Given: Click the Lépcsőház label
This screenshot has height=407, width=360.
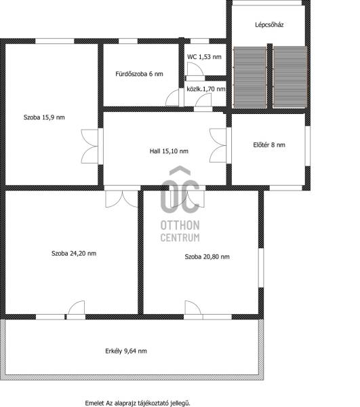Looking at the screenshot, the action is tap(269, 25).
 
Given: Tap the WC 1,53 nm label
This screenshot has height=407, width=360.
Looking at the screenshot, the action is tap(204, 57).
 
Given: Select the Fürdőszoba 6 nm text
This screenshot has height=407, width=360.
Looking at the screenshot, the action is tap(139, 74).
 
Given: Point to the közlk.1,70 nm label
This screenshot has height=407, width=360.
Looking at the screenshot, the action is tap(206, 89).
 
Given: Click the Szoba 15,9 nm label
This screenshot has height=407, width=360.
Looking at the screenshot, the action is tap(44, 117).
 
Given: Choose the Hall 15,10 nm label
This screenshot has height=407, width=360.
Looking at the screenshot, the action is tap(169, 151).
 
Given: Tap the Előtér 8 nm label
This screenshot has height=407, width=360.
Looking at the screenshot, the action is tap(269, 145).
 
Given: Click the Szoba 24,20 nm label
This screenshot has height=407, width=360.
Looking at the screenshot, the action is tap(74, 253).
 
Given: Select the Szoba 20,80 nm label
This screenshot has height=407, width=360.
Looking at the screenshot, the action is tap(207, 256).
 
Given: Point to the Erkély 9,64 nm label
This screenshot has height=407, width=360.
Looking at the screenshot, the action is tap(126, 351).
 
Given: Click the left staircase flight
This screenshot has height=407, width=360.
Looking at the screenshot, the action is tap(250, 77).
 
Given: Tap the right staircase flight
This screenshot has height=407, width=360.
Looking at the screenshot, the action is tap(290, 77).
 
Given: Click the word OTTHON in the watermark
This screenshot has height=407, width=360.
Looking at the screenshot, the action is tap(180, 225).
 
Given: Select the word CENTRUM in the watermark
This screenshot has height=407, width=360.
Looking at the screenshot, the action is tap(180, 237).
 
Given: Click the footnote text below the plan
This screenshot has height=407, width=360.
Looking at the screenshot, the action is tap(138, 403).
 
